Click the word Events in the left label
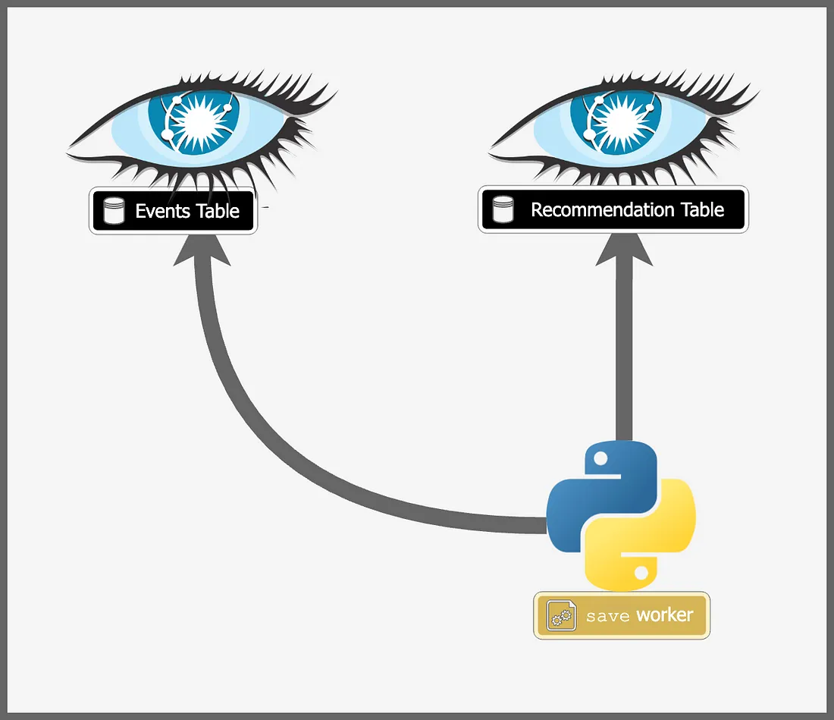160,211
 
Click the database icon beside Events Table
114,211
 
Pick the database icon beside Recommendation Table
503,210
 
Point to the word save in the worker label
608,616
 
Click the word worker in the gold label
664,615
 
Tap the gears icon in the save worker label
561,616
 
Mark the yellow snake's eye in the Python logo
641,571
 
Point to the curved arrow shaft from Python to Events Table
250,425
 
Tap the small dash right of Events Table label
265,206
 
